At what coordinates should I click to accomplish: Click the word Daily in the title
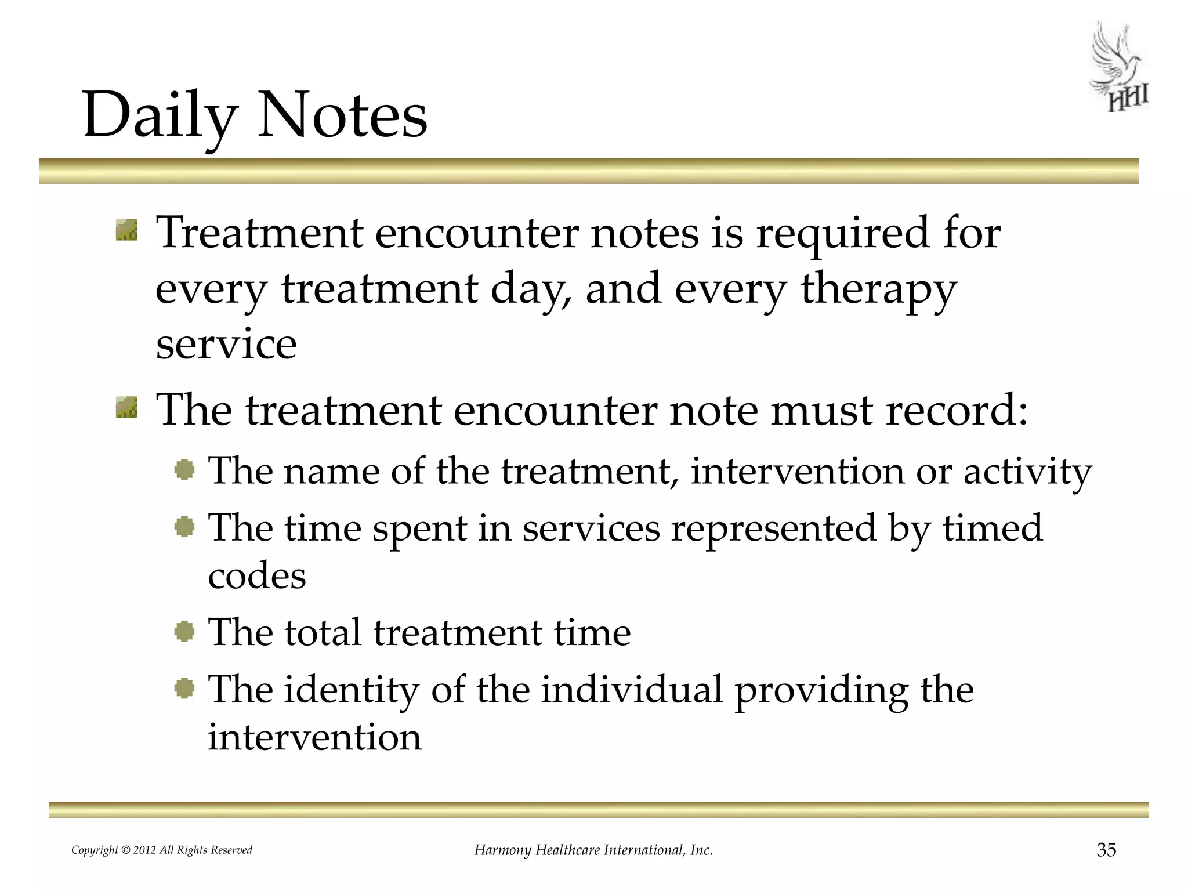[160, 116]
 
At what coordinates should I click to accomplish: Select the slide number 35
[1106, 850]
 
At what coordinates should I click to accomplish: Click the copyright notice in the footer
[162, 850]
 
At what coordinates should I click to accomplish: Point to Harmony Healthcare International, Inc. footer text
[593, 850]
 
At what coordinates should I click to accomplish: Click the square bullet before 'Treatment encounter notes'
[126, 230]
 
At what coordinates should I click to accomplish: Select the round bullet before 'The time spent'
[184, 527]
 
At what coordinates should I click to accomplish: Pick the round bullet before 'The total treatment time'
[184, 631]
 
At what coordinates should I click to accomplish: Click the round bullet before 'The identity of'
[184, 689]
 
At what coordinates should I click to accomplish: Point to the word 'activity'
[1027, 471]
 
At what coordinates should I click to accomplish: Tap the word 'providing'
[821, 690]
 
